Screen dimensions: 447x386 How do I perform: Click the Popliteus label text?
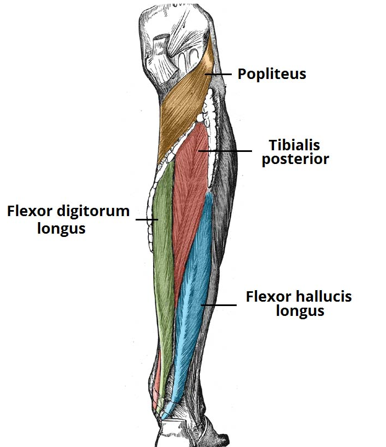271,74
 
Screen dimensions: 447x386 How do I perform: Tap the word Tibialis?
294,145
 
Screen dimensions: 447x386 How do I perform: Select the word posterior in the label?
295,159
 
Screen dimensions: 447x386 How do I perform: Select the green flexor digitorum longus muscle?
162,247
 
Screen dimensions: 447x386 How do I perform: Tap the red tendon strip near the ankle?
158,378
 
